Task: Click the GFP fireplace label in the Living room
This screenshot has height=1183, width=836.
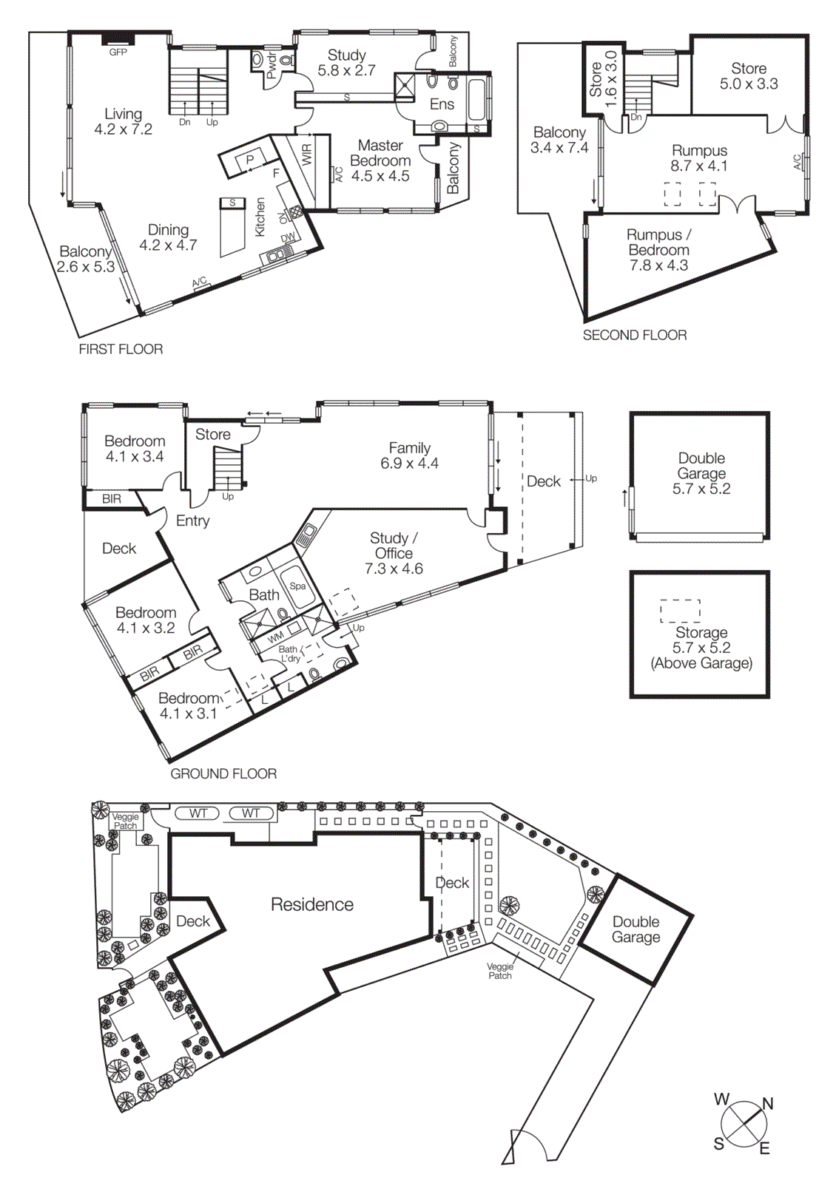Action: click(x=118, y=52)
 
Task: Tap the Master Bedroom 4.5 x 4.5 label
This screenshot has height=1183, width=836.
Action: click(x=380, y=160)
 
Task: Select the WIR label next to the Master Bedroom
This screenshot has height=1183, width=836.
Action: click(x=307, y=154)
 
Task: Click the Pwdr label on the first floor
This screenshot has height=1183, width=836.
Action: click(x=272, y=65)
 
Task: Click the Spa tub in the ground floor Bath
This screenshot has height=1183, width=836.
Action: click(x=297, y=586)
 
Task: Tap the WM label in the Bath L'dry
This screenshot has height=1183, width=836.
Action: click(x=275, y=637)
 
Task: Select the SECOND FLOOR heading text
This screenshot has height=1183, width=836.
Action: click(x=634, y=335)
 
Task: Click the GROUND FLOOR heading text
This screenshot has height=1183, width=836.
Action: click(x=223, y=773)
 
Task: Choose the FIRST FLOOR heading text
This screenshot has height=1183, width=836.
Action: click(x=121, y=349)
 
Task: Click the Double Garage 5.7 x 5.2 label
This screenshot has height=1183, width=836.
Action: click(x=701, y=473)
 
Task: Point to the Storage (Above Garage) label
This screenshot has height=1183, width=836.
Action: click(x=701, y=648)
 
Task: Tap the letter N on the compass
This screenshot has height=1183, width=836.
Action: click(x=768, y=1104)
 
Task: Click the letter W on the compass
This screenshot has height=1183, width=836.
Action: click(x=721, y=1099)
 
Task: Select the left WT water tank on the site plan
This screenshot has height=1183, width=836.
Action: click(x=198, y=813)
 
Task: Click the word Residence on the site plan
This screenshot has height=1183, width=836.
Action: click(x=311, y=904)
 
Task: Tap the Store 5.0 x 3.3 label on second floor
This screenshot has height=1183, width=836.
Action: click(x=749, y=76)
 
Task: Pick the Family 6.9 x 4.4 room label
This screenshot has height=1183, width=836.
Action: click(x=409, y=455)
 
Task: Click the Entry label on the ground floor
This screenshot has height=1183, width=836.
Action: click(x=192, y=521)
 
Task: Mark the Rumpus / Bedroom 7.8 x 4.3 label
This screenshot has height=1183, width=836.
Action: click(x=658, y=250)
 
